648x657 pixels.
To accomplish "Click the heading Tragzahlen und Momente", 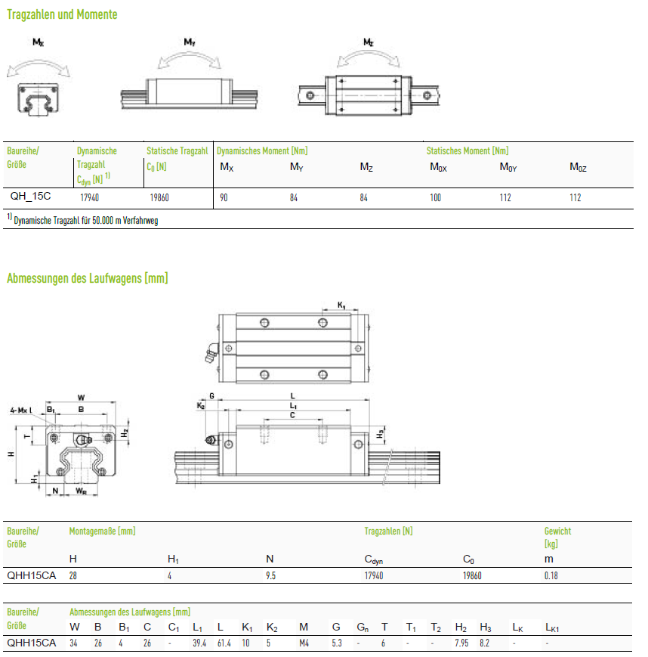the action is [62, 14].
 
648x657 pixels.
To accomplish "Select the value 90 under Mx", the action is [224, 198].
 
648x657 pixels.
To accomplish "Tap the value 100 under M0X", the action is [435, 198].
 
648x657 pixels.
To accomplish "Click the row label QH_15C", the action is [30, 196].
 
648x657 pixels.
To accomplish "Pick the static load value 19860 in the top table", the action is [159, 198].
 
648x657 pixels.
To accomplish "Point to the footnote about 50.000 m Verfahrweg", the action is [82, 220].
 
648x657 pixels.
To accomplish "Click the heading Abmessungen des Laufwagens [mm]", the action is [88, 278].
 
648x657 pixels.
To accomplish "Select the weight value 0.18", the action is [551, 575].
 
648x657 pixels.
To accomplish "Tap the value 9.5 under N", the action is [271, 575].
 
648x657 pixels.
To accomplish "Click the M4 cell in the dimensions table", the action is [304, 643].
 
